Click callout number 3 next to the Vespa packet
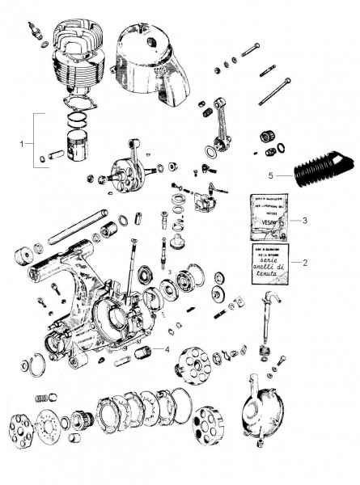(303, 219)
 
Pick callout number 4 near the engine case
(166, 349)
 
